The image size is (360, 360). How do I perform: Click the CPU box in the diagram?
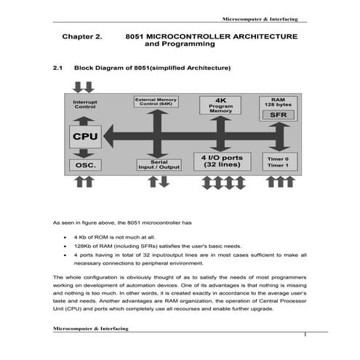tap(85, 136)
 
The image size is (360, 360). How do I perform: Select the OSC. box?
tap(84, 165)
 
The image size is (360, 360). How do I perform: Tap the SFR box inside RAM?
tap(278, 115)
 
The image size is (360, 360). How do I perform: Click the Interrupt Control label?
tap(85, 105)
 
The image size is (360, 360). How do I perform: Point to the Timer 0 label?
tap(278, 158)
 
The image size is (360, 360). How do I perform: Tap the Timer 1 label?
tap(278, 166)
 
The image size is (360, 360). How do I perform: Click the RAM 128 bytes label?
tap(278, 102)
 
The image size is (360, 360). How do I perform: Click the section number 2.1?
tap(58, 68)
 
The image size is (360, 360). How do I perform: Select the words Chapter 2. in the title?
tap(81, 36)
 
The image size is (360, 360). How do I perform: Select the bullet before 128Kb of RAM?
tap(65, 247)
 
